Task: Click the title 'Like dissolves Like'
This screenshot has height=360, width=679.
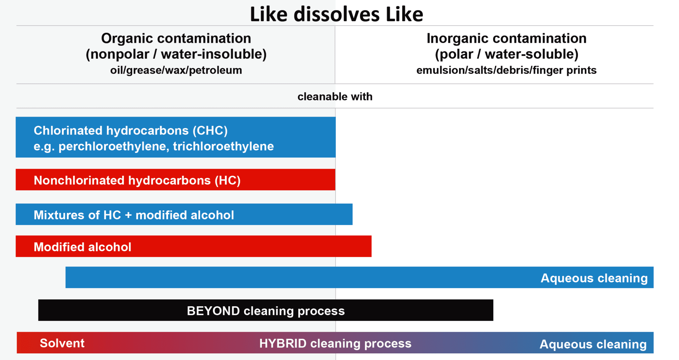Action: point(336,14)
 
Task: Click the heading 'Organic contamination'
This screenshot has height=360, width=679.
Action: point(176,38)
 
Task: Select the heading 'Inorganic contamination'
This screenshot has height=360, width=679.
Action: point(507,38)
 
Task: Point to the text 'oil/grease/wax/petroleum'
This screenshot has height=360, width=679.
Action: point(176,70)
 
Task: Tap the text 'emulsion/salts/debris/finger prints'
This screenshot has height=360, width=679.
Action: point(507,70)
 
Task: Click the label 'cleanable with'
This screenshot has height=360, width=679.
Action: point(335,96)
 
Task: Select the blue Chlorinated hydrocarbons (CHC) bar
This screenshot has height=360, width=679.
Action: point(176,137)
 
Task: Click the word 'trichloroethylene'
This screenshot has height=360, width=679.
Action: point(223,146)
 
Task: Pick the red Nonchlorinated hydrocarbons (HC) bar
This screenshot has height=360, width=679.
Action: point(175,180)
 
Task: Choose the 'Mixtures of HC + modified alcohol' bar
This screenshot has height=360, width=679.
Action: point(184,214)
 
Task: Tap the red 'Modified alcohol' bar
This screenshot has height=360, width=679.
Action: point(194,246)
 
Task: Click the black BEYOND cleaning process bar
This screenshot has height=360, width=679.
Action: point(266,310)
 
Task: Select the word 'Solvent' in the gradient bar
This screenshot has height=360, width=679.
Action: point(62,343)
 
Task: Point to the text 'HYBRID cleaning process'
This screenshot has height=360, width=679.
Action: point(335,343)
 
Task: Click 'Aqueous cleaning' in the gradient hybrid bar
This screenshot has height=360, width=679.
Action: point(593,344)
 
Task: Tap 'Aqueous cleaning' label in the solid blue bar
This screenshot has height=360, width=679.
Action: point(594,278)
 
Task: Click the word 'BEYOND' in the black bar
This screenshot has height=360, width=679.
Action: point(213,311)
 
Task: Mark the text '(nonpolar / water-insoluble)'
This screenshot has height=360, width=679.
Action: point(176,54)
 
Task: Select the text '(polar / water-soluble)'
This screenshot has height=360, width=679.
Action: point(507,54)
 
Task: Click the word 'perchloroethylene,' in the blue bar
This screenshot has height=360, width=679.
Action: point(114,146)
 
